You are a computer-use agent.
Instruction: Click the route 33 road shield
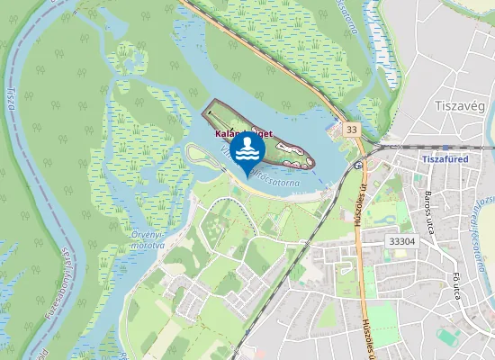(351, 130)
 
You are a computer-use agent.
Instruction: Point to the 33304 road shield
(400, 241)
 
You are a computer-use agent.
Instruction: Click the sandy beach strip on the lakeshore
(297, 194)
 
